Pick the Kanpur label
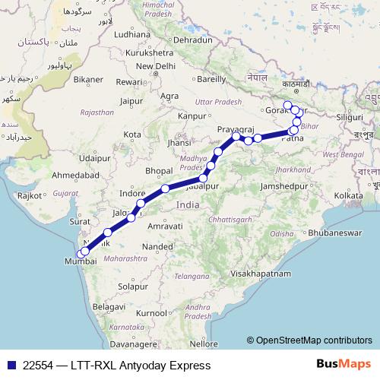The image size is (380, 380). (192, 116)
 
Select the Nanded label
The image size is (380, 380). (158, 247)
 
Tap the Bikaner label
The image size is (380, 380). (88, 79)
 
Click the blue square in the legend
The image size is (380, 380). (11, 366)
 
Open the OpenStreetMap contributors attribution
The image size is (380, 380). (313, 340)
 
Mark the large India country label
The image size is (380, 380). (188, 205)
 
